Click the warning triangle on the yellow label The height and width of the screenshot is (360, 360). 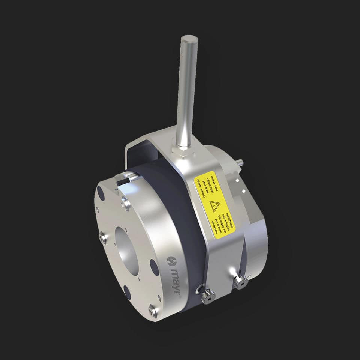(214, 206)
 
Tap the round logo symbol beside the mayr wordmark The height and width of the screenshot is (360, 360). (171, 260)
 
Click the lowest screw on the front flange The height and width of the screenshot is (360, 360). (152, 310)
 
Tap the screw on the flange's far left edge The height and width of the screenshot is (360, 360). (101, 237)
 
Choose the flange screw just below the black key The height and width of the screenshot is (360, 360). (126, 204)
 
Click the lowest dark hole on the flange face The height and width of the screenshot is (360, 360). (127, 292)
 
